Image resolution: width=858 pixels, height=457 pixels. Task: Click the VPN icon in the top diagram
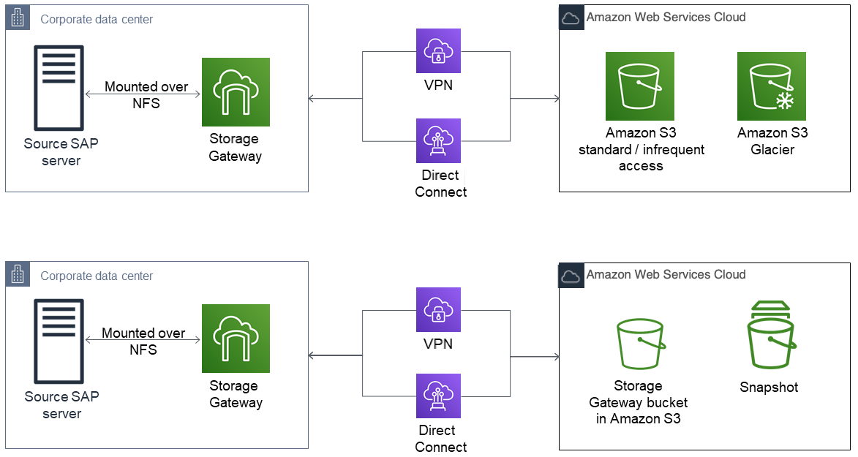[x=438, y=50]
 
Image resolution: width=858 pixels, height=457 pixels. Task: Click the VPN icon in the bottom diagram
[x=438, y=309]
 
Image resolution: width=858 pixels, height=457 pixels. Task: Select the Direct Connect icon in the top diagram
[x=438, y=140]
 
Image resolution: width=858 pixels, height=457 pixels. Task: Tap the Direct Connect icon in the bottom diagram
[x=438, y=396]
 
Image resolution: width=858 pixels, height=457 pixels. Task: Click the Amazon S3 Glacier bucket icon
[x=771, y=86]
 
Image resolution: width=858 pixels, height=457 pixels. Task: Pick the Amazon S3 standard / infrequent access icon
[x=639, y=86]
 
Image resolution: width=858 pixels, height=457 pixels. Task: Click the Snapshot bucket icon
[x=770, y=336]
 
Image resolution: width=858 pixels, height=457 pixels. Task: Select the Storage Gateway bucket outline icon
[x=640, y=344]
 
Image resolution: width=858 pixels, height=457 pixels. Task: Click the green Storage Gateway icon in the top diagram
[x=236, y=92]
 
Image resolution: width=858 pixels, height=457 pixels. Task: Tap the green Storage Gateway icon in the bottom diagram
[x=236, y=339]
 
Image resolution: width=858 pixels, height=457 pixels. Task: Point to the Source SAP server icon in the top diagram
[x=59, y=88]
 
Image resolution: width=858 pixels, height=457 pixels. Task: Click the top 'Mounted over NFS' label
[x=146, y=95]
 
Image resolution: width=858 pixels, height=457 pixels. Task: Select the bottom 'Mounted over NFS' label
[x=143, y=341]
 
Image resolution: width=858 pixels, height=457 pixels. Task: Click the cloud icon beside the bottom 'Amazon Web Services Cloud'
[x=571, y=276]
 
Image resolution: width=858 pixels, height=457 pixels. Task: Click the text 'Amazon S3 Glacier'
[x=772, y=141]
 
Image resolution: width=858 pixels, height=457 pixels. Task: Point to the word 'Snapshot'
[x=769, y=388]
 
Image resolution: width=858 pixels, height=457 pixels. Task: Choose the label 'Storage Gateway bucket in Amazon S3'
[x=638, y=402]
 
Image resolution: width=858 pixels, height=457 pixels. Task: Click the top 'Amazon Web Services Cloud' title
[x=666, y=17]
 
